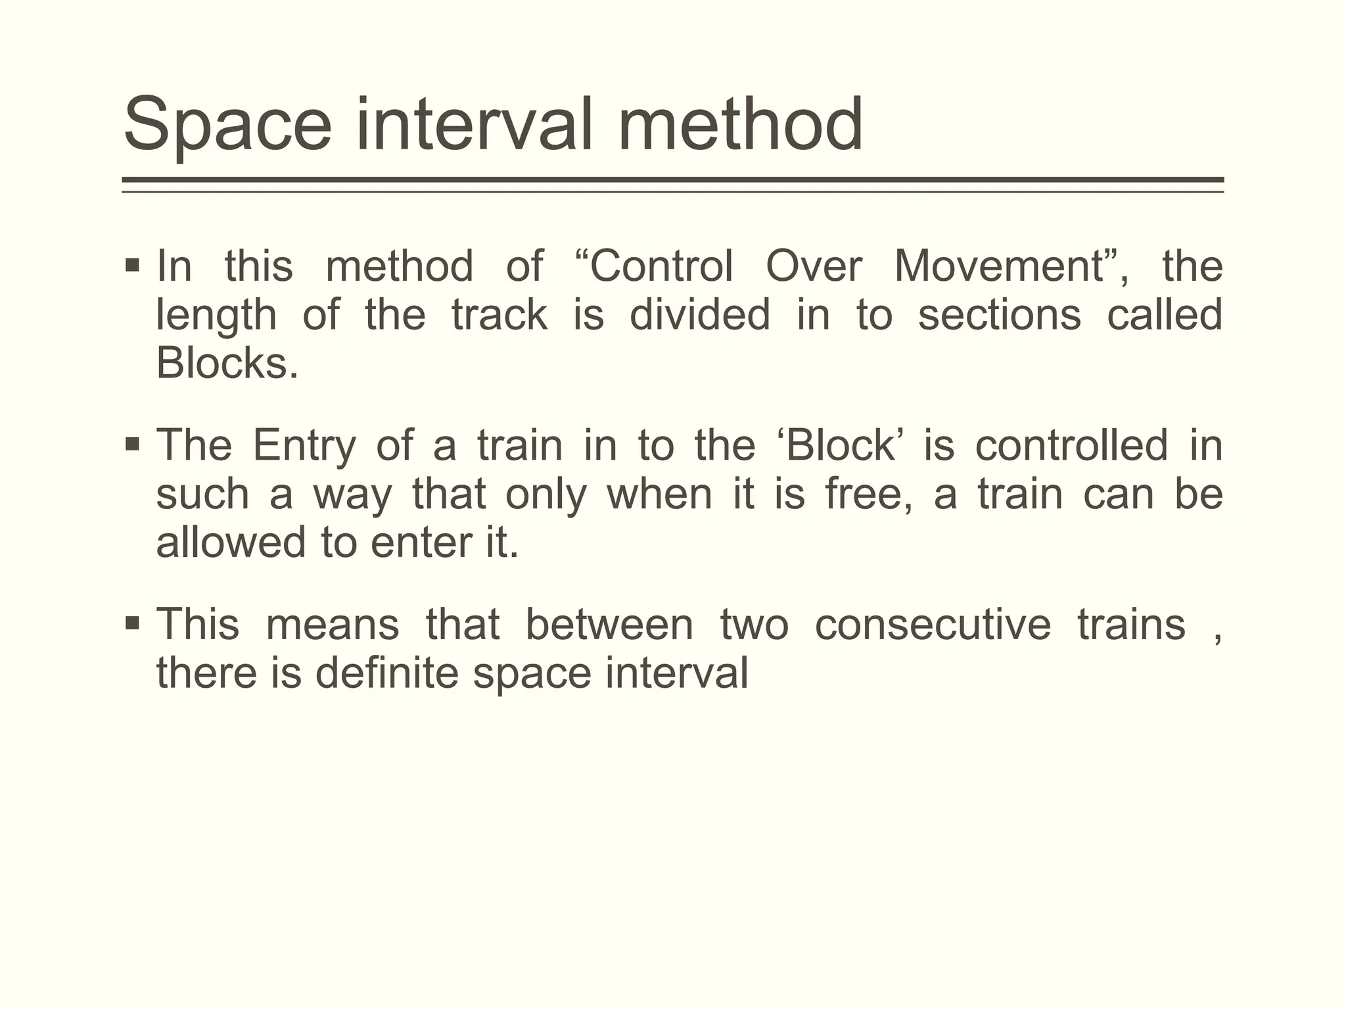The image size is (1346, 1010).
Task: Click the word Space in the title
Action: tap(227, 125)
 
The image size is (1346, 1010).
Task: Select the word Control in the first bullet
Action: tap(661, 267)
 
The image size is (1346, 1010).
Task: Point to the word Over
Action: tap(814, 267)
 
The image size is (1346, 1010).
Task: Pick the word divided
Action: tap(699, 315)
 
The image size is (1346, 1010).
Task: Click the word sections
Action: tap(999, 315)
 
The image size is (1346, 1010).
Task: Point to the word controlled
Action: tap(1071, 446)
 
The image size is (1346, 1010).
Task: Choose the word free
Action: tap(868, 494)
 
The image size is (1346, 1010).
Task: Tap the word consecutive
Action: tap(933, 625)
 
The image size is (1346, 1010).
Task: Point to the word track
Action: tap(499, 315)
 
